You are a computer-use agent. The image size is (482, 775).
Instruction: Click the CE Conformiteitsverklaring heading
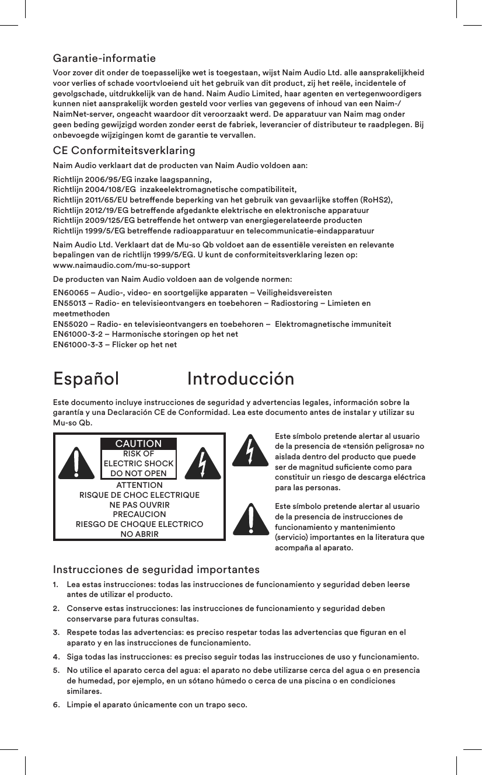(x=124, y=151)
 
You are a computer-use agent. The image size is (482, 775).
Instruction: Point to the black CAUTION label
(x=138, y=444)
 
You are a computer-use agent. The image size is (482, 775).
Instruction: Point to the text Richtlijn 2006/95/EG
(x=96, y=179)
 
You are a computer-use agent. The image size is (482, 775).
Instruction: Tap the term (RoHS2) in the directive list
(x=376, y=200)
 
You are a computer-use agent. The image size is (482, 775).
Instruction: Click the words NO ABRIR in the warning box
(x=139, y=534)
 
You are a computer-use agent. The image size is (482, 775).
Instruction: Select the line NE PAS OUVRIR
(x=139, y=505)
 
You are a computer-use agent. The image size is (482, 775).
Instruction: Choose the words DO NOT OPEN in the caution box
(x=138, y=473)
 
